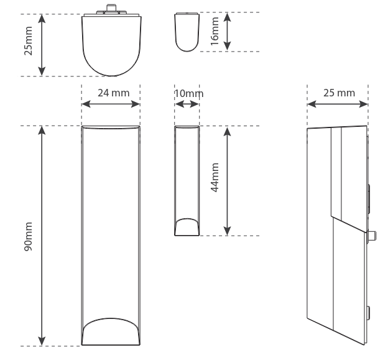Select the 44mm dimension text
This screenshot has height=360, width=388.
click(215, 179)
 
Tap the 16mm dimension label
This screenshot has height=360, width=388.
click(215, 31)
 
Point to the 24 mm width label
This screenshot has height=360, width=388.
click(114, 93)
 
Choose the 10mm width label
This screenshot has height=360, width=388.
click(188, 93)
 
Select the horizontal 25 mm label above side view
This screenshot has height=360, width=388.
click(339, 93)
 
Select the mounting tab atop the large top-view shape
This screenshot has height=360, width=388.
click(111, 10)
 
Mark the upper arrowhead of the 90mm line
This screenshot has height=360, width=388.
click(42, 129)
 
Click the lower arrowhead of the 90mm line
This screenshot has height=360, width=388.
click(42, 342)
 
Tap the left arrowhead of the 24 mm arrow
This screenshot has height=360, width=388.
click(85, 104)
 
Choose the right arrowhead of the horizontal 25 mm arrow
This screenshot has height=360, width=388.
click(365, 104)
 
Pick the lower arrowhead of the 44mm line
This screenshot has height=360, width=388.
click(228, 232)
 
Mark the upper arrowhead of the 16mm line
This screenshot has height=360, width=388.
click(228, 16)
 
